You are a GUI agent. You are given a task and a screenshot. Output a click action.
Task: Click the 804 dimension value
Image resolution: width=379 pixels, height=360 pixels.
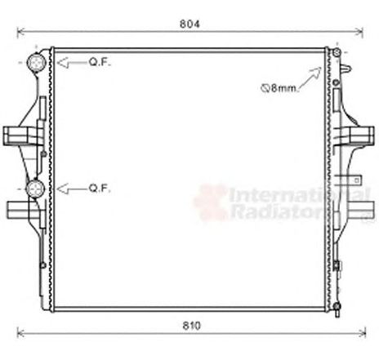point(189,24)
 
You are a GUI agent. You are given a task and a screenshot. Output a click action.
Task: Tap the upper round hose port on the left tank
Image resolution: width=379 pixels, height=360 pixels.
point(37,63)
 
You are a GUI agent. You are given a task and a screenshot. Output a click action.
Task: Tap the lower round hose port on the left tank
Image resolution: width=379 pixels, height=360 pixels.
point(36,189)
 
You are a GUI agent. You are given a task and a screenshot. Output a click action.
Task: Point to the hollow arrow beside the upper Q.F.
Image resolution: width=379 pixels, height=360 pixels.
point(69,62)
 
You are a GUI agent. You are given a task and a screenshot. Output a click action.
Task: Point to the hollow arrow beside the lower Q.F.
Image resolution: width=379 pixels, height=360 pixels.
point(69,189)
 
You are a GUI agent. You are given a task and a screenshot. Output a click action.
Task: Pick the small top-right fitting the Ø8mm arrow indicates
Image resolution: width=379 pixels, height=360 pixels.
point(332,55)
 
